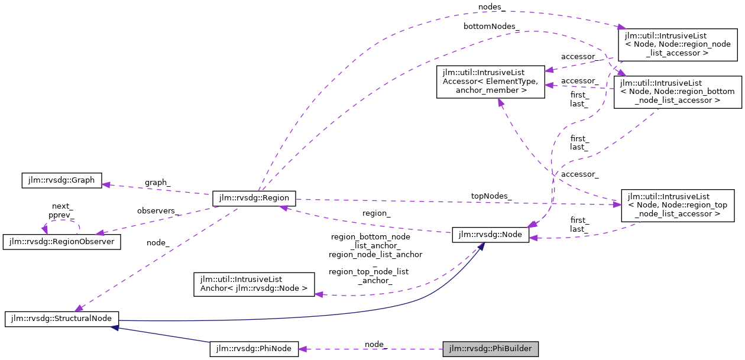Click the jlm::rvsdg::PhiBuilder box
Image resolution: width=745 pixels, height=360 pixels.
coord(491,349)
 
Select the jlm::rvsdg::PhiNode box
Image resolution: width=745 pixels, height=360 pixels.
coord(254,349)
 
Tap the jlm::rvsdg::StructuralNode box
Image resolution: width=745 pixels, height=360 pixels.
coord(62,319)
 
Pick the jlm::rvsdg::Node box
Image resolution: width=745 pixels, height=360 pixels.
coord(490,235)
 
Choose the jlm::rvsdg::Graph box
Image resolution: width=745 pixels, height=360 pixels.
coord(61,180)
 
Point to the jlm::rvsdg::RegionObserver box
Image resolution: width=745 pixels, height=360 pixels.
coord(62,242)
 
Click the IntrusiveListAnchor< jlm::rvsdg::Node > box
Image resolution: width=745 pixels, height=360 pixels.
coord(254,284)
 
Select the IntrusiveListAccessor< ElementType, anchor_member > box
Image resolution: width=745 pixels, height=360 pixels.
coord(490,82)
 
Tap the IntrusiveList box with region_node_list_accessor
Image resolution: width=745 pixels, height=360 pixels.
coord(677,44)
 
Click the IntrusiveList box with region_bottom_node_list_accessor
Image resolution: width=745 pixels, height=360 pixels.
coord(678,92)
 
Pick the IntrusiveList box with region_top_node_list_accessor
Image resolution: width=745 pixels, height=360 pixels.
coord(678,205)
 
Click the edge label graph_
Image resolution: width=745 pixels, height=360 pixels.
coord(157,183)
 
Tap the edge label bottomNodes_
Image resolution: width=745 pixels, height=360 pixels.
coord(491,27)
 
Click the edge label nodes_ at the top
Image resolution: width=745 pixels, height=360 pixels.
coord(492,7)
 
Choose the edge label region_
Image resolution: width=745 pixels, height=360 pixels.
coord(376,213)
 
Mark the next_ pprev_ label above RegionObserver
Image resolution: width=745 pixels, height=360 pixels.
coord(61,211)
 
